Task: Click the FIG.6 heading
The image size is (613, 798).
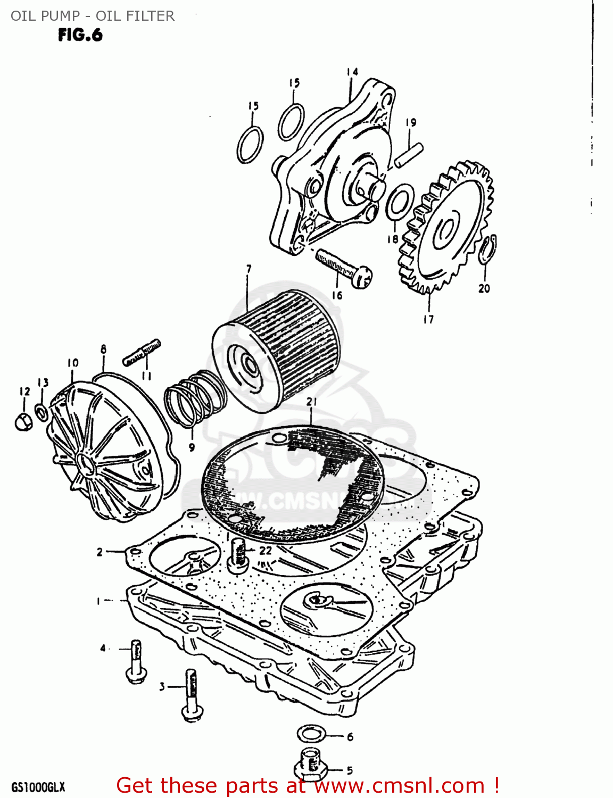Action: (80, 35)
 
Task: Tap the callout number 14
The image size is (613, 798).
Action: (352, 72)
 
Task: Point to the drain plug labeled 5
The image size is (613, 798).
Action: (309, 766)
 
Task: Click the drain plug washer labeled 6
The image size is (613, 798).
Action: (311, 735)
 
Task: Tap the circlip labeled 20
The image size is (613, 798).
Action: (486, 249)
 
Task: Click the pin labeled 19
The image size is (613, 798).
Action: (409, 155)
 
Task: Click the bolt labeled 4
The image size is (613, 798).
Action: (136, 662)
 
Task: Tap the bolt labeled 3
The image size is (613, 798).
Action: (191, 695)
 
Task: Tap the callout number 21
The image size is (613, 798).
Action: (311, 402)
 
